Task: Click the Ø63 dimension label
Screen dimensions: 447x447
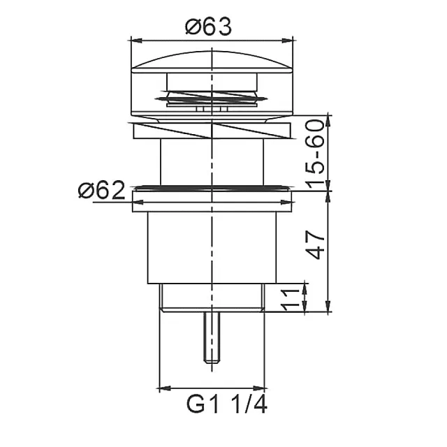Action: click(x=208, y=27)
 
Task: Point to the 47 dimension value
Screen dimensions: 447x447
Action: click(x=316, y=244)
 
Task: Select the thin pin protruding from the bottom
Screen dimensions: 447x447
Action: click(x=211, y=335)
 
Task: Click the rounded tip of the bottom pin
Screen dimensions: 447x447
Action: click(x=211, y=360)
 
